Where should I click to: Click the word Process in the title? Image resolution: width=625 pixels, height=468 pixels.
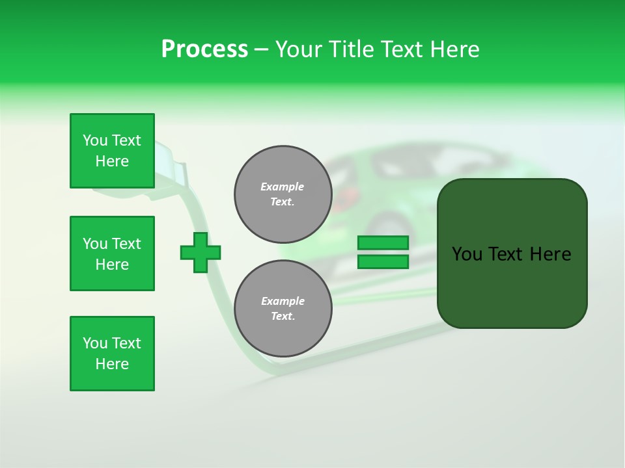point(204,49)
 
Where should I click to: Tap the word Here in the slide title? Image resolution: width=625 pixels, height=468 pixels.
point(455,49)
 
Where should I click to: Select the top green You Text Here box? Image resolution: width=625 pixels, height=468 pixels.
point(112,151)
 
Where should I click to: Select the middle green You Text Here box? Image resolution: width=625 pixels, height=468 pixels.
point(112,253)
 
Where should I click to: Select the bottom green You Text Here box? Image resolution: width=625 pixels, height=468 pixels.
point(112,354)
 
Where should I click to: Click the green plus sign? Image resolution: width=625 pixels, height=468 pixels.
point(201,252)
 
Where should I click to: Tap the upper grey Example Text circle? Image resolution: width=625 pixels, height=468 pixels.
point(283,194)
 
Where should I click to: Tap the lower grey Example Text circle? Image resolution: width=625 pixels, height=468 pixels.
point(283,309)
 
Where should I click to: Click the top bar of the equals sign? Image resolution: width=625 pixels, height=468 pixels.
point(383,243)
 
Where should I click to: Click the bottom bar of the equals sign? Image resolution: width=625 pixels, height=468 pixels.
point(383,262)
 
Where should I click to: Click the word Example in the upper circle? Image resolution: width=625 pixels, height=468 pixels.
point(283,187)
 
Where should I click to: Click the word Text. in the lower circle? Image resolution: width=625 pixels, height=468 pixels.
point(283,317)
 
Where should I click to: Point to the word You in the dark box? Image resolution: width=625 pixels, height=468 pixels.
point(467,254)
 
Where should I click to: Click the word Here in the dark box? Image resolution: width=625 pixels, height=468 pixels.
point(550,254)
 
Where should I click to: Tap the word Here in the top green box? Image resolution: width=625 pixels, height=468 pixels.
point(112,161)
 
